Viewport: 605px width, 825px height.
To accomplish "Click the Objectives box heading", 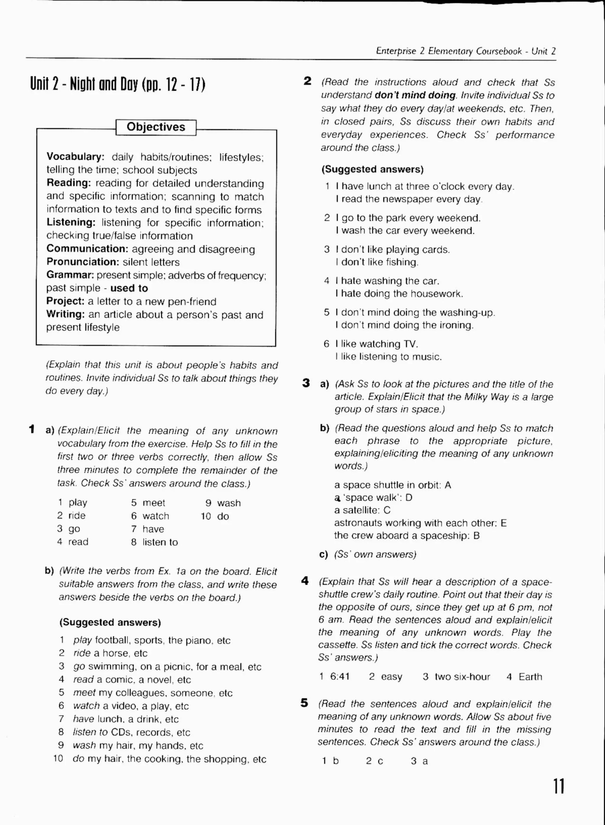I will click(x=156, y=127).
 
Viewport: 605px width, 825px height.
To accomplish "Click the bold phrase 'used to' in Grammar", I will click(x=129, y=288).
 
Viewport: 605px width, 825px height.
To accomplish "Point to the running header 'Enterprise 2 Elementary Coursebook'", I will click(x=449, y=51).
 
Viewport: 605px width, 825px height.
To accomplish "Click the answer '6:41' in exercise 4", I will click(x=339, y=677).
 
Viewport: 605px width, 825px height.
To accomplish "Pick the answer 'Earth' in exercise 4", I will click(x=530, y=677).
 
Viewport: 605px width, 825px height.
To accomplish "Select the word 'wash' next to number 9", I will click(x=229, y=503).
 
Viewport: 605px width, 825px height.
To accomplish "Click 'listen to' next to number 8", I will click(x=160, y=542).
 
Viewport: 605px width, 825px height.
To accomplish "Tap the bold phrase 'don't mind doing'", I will click(x=415, y=95).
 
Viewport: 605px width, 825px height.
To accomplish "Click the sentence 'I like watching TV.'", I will click(x=376, y=344).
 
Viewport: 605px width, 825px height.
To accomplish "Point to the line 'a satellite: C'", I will click(x=362, y=510).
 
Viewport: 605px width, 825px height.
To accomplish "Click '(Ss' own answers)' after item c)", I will click(x=375, y=554).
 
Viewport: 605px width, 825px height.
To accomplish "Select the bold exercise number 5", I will click(x=304, y=703).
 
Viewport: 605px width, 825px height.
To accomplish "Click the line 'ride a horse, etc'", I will click(x=110, y=653).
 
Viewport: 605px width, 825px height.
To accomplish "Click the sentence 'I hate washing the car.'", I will click(x=387, y=281).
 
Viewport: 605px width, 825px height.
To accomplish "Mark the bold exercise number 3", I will click(x=306, y=383).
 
